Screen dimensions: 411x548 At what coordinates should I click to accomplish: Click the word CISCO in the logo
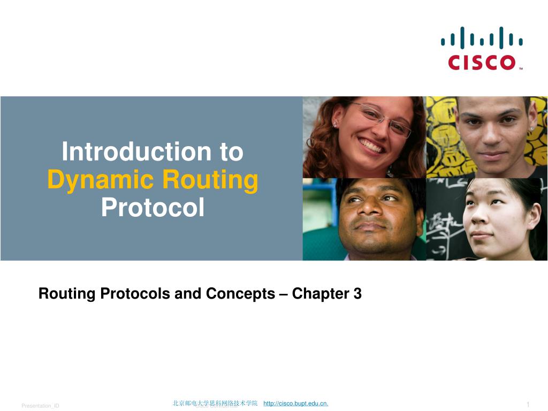(x=481, y=62)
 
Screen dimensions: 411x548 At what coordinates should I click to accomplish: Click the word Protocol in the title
(x=153, y=208)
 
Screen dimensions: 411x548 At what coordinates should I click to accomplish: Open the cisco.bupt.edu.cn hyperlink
(x=296, y=403)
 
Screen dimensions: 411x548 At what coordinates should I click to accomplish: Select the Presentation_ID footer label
(x=40, y=406)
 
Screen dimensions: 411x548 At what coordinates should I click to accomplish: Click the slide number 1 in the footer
(x=528, y=404)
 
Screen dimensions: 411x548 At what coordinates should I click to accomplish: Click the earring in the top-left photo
(x=334, y=125)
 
